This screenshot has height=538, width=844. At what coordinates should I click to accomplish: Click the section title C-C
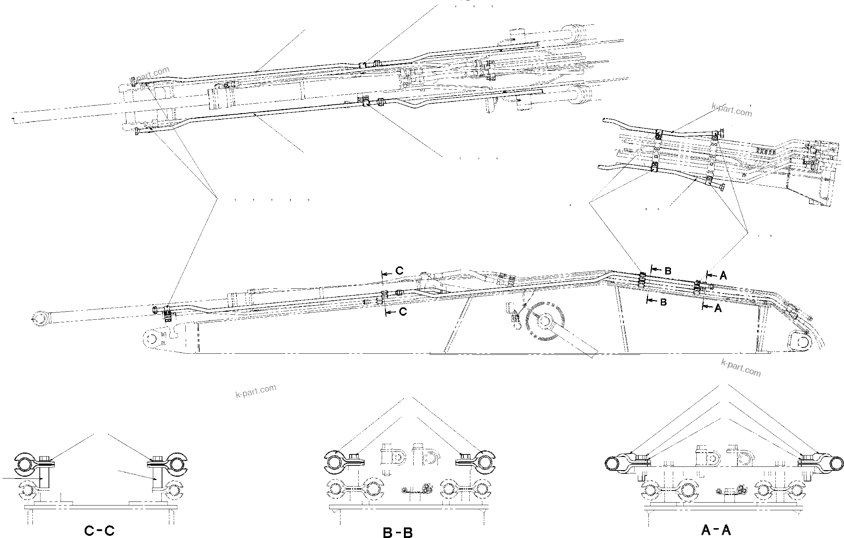click(x=99, y=531)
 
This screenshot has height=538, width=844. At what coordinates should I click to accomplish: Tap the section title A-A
click(x=716, y=530)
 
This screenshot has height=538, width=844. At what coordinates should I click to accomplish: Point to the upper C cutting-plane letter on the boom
click(x=400, y=271)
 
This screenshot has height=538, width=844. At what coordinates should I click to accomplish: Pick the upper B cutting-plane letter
click(x=668, y=271)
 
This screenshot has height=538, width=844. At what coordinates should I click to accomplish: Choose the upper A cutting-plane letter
click(x=723, y=276)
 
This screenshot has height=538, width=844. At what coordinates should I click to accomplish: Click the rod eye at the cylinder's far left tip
click(x=38, y=318)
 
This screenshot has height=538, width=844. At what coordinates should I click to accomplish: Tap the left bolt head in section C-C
click(x=45, y=458)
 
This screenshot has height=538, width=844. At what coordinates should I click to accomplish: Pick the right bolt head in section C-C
click(x=157, y=458)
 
